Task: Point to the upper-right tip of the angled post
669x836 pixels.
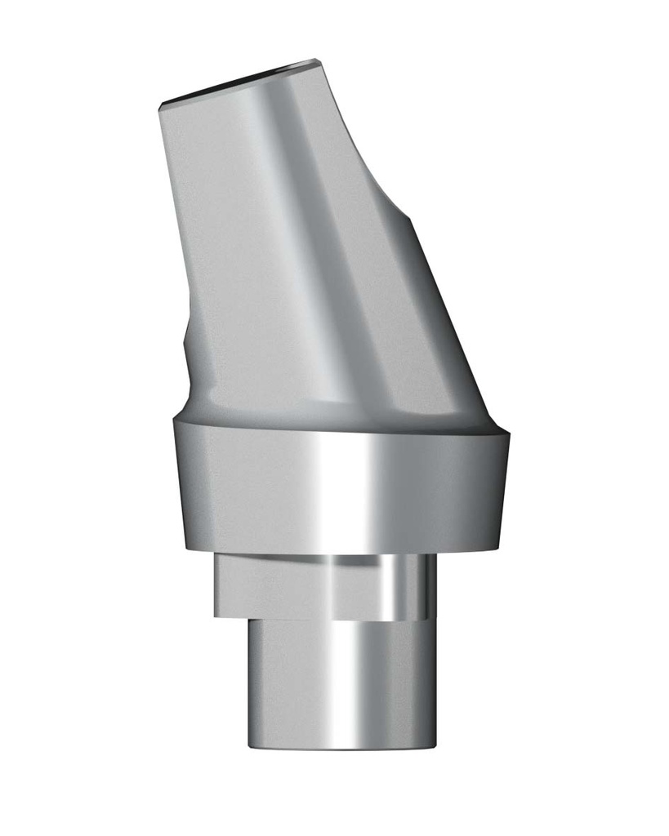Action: point(316,60)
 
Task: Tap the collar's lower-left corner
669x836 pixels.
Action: point(187,549)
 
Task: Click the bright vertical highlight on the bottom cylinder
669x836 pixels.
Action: point(351,686)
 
